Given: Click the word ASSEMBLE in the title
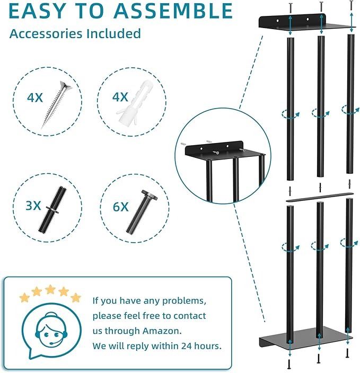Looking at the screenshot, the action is tap(173, 11).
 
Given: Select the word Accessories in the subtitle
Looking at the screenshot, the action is tap(47, 33).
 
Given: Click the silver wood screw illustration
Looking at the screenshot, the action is tap(56, 105).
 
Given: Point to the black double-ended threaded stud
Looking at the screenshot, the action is tap(52, 210).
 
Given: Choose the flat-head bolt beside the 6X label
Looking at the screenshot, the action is tap(142, 212).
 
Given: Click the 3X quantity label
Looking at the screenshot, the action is tap(33, 206).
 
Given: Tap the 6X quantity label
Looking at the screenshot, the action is tap(120, 207).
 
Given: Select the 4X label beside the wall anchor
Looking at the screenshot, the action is tap(120, 97).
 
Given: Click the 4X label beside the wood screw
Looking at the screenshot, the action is tap(35, 97).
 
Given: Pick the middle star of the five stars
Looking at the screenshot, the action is tap(50, 289).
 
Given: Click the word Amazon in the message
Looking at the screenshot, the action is tap(162, 331).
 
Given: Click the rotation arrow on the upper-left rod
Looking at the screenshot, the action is tap(291, 114).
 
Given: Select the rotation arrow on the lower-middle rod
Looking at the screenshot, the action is tap(320, 246).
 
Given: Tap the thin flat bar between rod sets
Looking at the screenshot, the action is tap(319, 197).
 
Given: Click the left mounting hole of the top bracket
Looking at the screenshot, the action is tap(278, 21).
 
